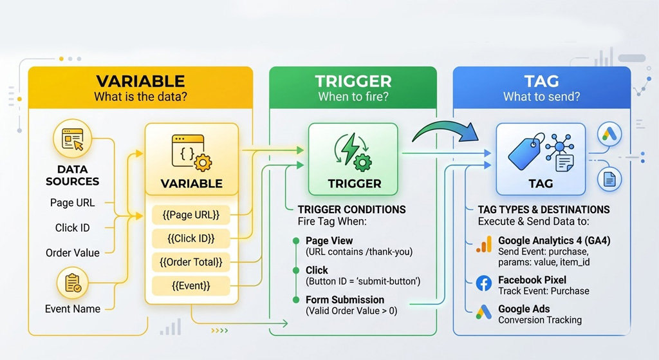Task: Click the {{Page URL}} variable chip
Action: click(191, 214)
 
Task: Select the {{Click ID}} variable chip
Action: click(191, 238)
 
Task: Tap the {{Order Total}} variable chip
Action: click(191, 261)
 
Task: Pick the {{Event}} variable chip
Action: click(191, 285)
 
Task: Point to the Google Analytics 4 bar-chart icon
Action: click(484, 245)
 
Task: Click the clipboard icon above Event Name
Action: click(73, 283)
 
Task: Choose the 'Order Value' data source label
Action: click(73, 252)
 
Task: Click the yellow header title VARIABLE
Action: click(140, 82)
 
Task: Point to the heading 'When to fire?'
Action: click(353, 97)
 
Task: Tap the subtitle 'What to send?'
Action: click(541, 97)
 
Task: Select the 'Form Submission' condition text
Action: click(345, 299)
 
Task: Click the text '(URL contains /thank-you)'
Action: click(358, 252)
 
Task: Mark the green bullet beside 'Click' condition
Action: click(296, 270)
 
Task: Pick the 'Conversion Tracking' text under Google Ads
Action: click(539, 320)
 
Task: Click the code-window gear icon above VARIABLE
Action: click(191, 153)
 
